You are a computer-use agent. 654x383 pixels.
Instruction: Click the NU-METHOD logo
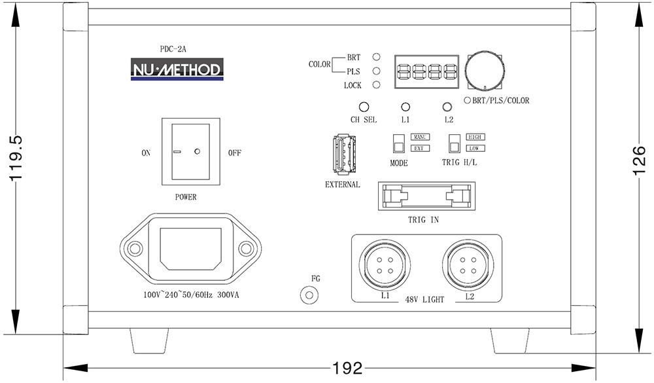[x=177, y=68]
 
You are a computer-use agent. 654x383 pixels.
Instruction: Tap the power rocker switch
[x=187, y=151]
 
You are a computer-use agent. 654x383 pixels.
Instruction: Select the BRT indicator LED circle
[x=377, y=58]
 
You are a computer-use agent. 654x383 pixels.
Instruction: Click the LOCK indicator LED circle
[x=377, y=85]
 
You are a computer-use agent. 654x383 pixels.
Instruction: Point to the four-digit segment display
[x=426, y=71]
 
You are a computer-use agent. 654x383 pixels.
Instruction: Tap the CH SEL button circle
[x=364, y=107]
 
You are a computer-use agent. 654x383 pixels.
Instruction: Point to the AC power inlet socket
[x=190, y=249]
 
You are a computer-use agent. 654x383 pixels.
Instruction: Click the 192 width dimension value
[x=347, y=369]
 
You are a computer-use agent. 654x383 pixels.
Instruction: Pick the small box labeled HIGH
[x=475, y=137]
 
